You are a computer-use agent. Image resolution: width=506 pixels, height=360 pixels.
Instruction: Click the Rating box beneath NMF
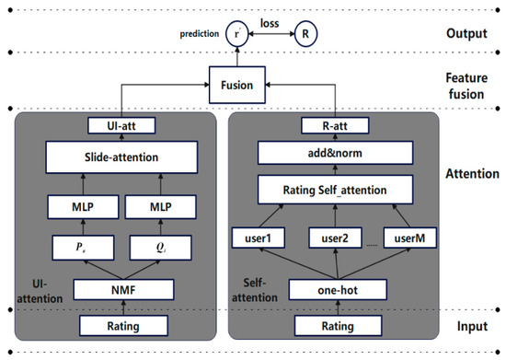(x=121, y=324)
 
